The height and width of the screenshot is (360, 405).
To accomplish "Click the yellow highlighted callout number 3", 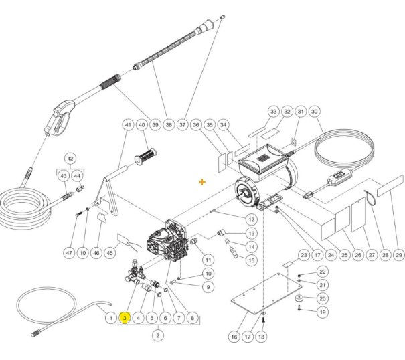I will [x=124, y=318].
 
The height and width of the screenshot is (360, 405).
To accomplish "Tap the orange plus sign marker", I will [x=202, y=181].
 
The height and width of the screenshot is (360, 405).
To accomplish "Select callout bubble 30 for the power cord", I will [x=315, y=112].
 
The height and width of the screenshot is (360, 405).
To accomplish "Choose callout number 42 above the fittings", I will [x=70, y=159].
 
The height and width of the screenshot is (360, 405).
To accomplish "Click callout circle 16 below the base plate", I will [x=234, y=336].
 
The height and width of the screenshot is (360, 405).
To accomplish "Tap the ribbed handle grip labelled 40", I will [x=147, y=158].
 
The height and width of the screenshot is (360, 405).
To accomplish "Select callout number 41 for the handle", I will [x=128, y=125].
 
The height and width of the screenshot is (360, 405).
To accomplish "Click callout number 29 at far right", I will [x=398, y=255].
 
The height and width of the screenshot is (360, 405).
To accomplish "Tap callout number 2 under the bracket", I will [x=158, y=335].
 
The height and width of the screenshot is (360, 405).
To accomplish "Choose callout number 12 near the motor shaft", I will [x=251, y=219].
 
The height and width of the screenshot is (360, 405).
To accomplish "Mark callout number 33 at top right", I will [x=273, y=112].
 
